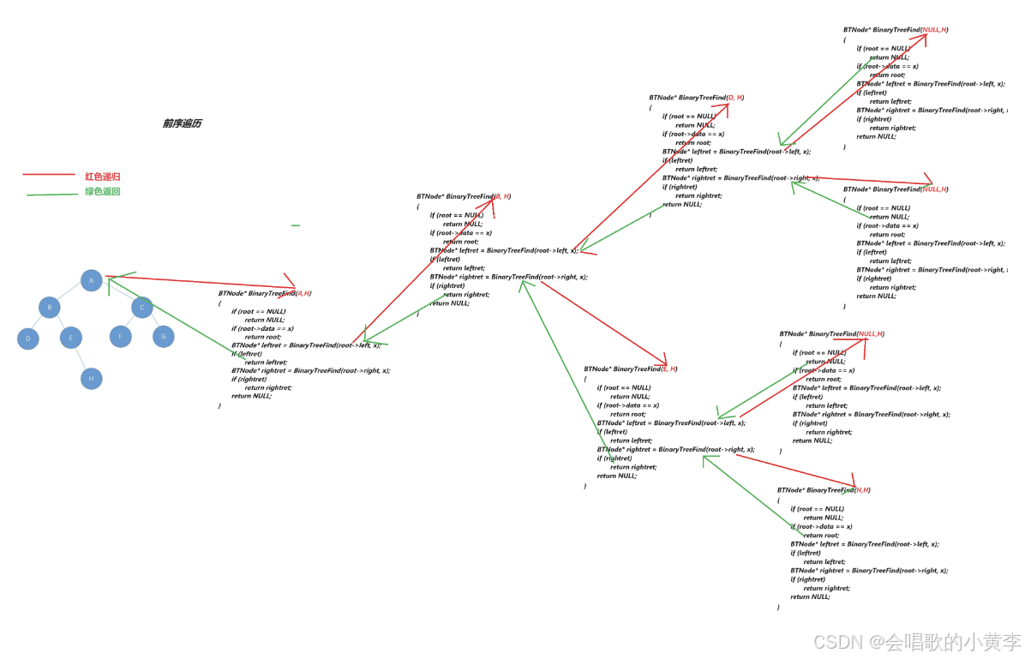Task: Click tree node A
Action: point(92,280)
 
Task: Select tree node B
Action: point(50,308)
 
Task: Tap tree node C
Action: point(142,307)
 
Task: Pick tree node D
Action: point(28,338)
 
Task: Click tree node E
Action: point(71,338)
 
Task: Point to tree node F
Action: point(121,337)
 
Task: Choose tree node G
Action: point(164,337)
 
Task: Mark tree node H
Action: point(92,378)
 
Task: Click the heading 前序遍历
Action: point(182,123)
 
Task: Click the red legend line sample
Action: point(49,175)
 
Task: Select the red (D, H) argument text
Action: point(734,98)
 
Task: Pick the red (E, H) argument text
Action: point(668,368)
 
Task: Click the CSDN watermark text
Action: point(917,641)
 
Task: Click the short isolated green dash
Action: point(296,225)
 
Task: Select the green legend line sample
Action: point(52,195)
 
